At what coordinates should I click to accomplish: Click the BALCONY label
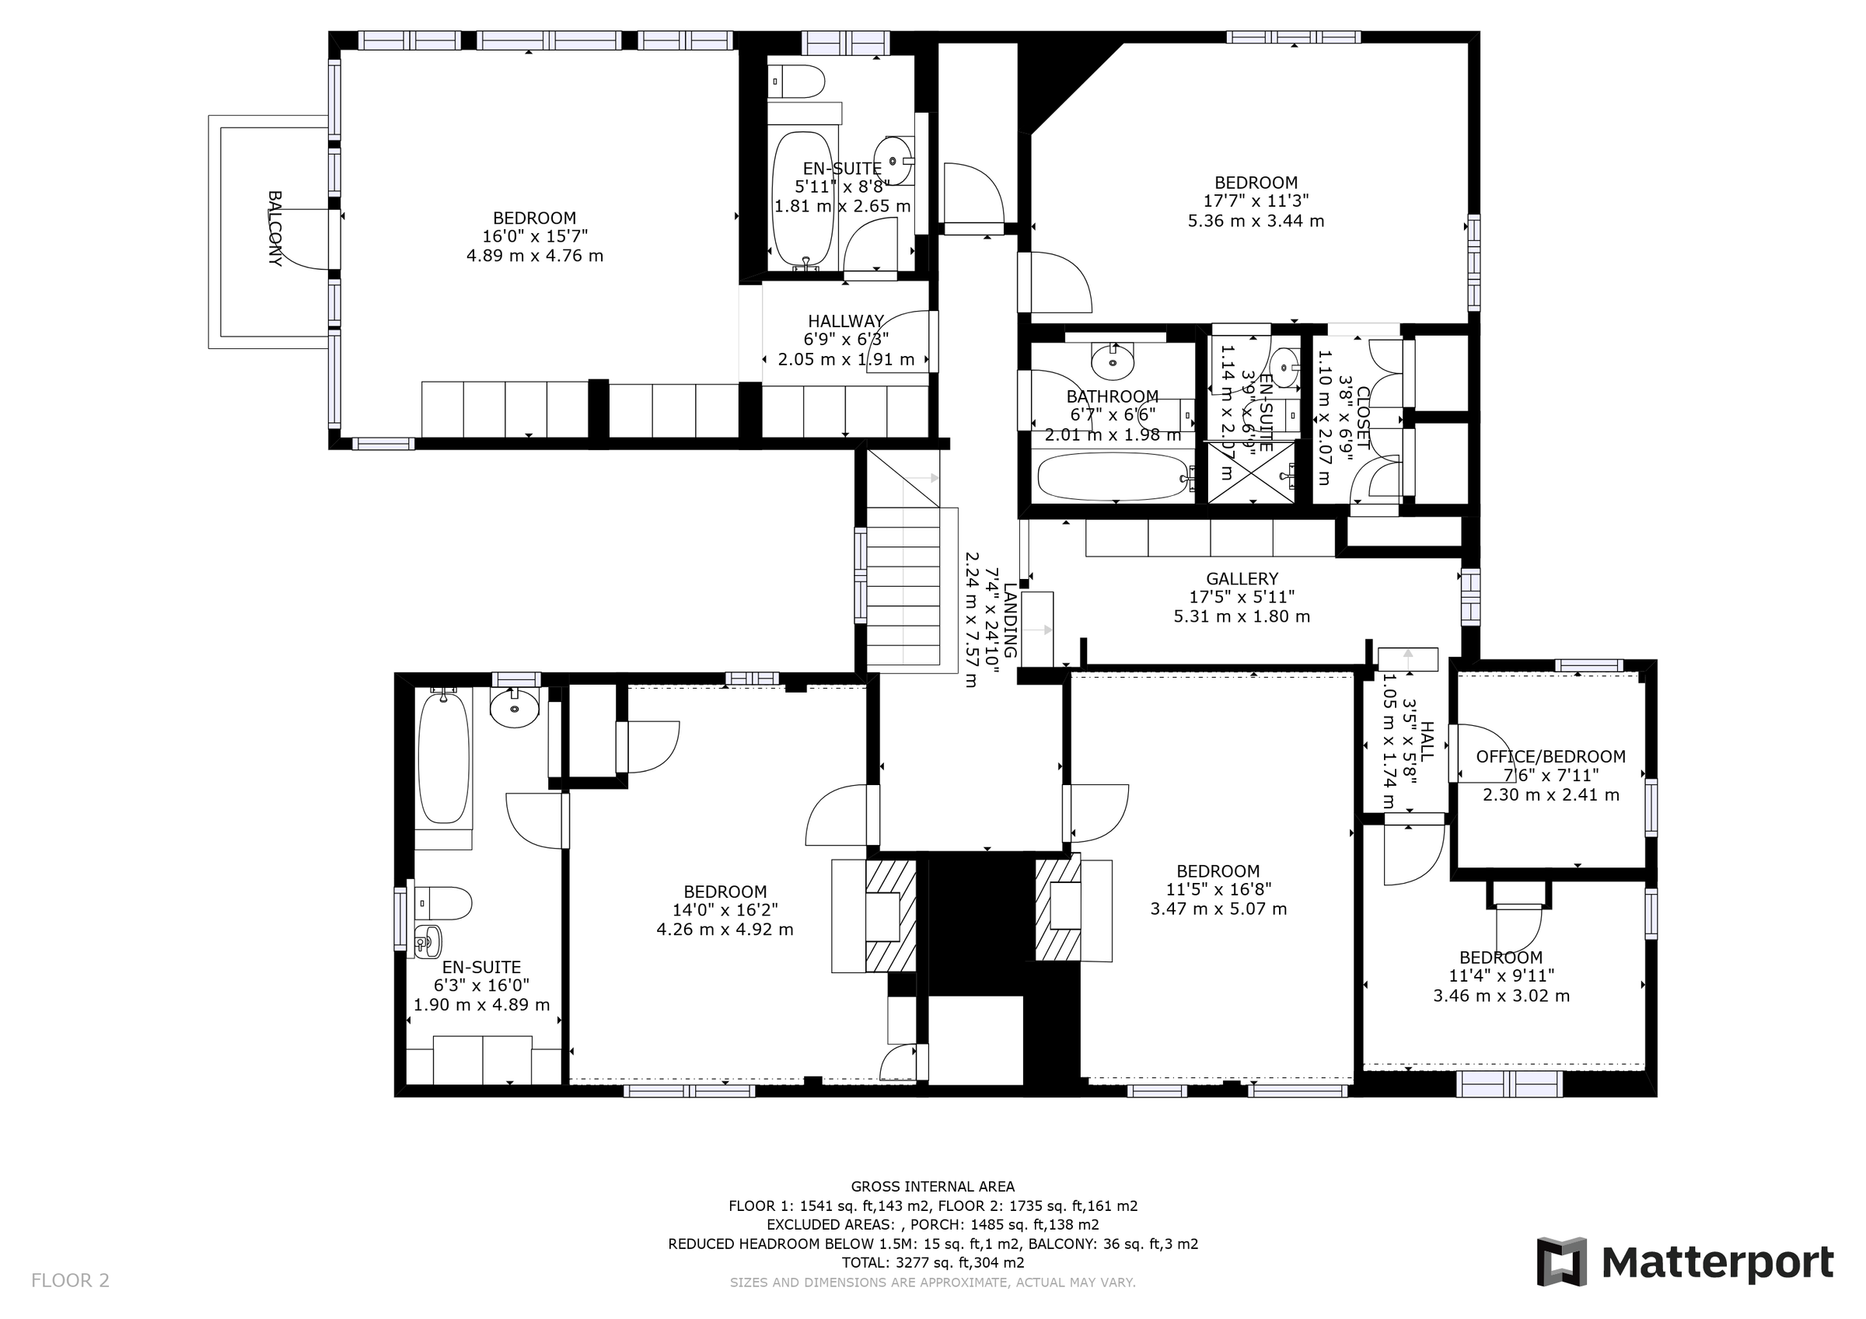(274, 229)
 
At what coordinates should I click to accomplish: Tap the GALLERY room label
(1241, 578)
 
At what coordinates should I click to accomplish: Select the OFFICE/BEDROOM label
(1550, 756)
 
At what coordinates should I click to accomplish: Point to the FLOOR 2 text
(70, 1281)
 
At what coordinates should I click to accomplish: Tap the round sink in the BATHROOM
(1112, 361)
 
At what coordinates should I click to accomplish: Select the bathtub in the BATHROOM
(1113, 476)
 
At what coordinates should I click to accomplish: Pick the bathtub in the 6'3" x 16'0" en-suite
(444, 755)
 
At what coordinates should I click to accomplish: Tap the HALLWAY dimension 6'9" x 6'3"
(846, 340)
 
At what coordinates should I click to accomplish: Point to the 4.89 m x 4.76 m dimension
(535, 256)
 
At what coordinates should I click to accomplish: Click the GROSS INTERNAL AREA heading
(932, 1187)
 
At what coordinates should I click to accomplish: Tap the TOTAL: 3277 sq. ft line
(932, 1263)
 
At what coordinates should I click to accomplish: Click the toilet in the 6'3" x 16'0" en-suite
(444, 903)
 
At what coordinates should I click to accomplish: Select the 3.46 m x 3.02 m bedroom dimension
(1501, 996)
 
